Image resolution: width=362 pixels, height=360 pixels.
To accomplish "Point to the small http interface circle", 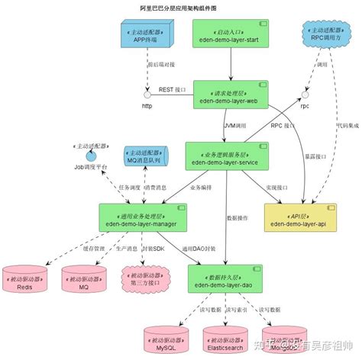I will click(147, 96).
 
